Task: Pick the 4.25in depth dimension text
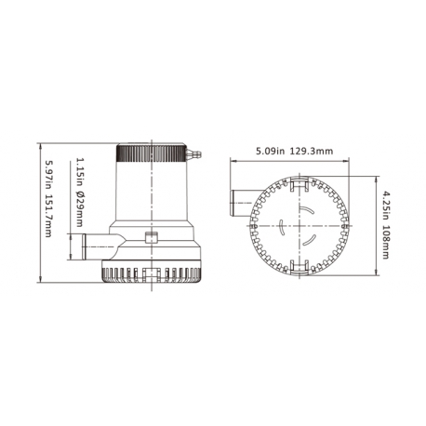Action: coord(384,204)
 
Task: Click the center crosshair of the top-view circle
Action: coord(296,227)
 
